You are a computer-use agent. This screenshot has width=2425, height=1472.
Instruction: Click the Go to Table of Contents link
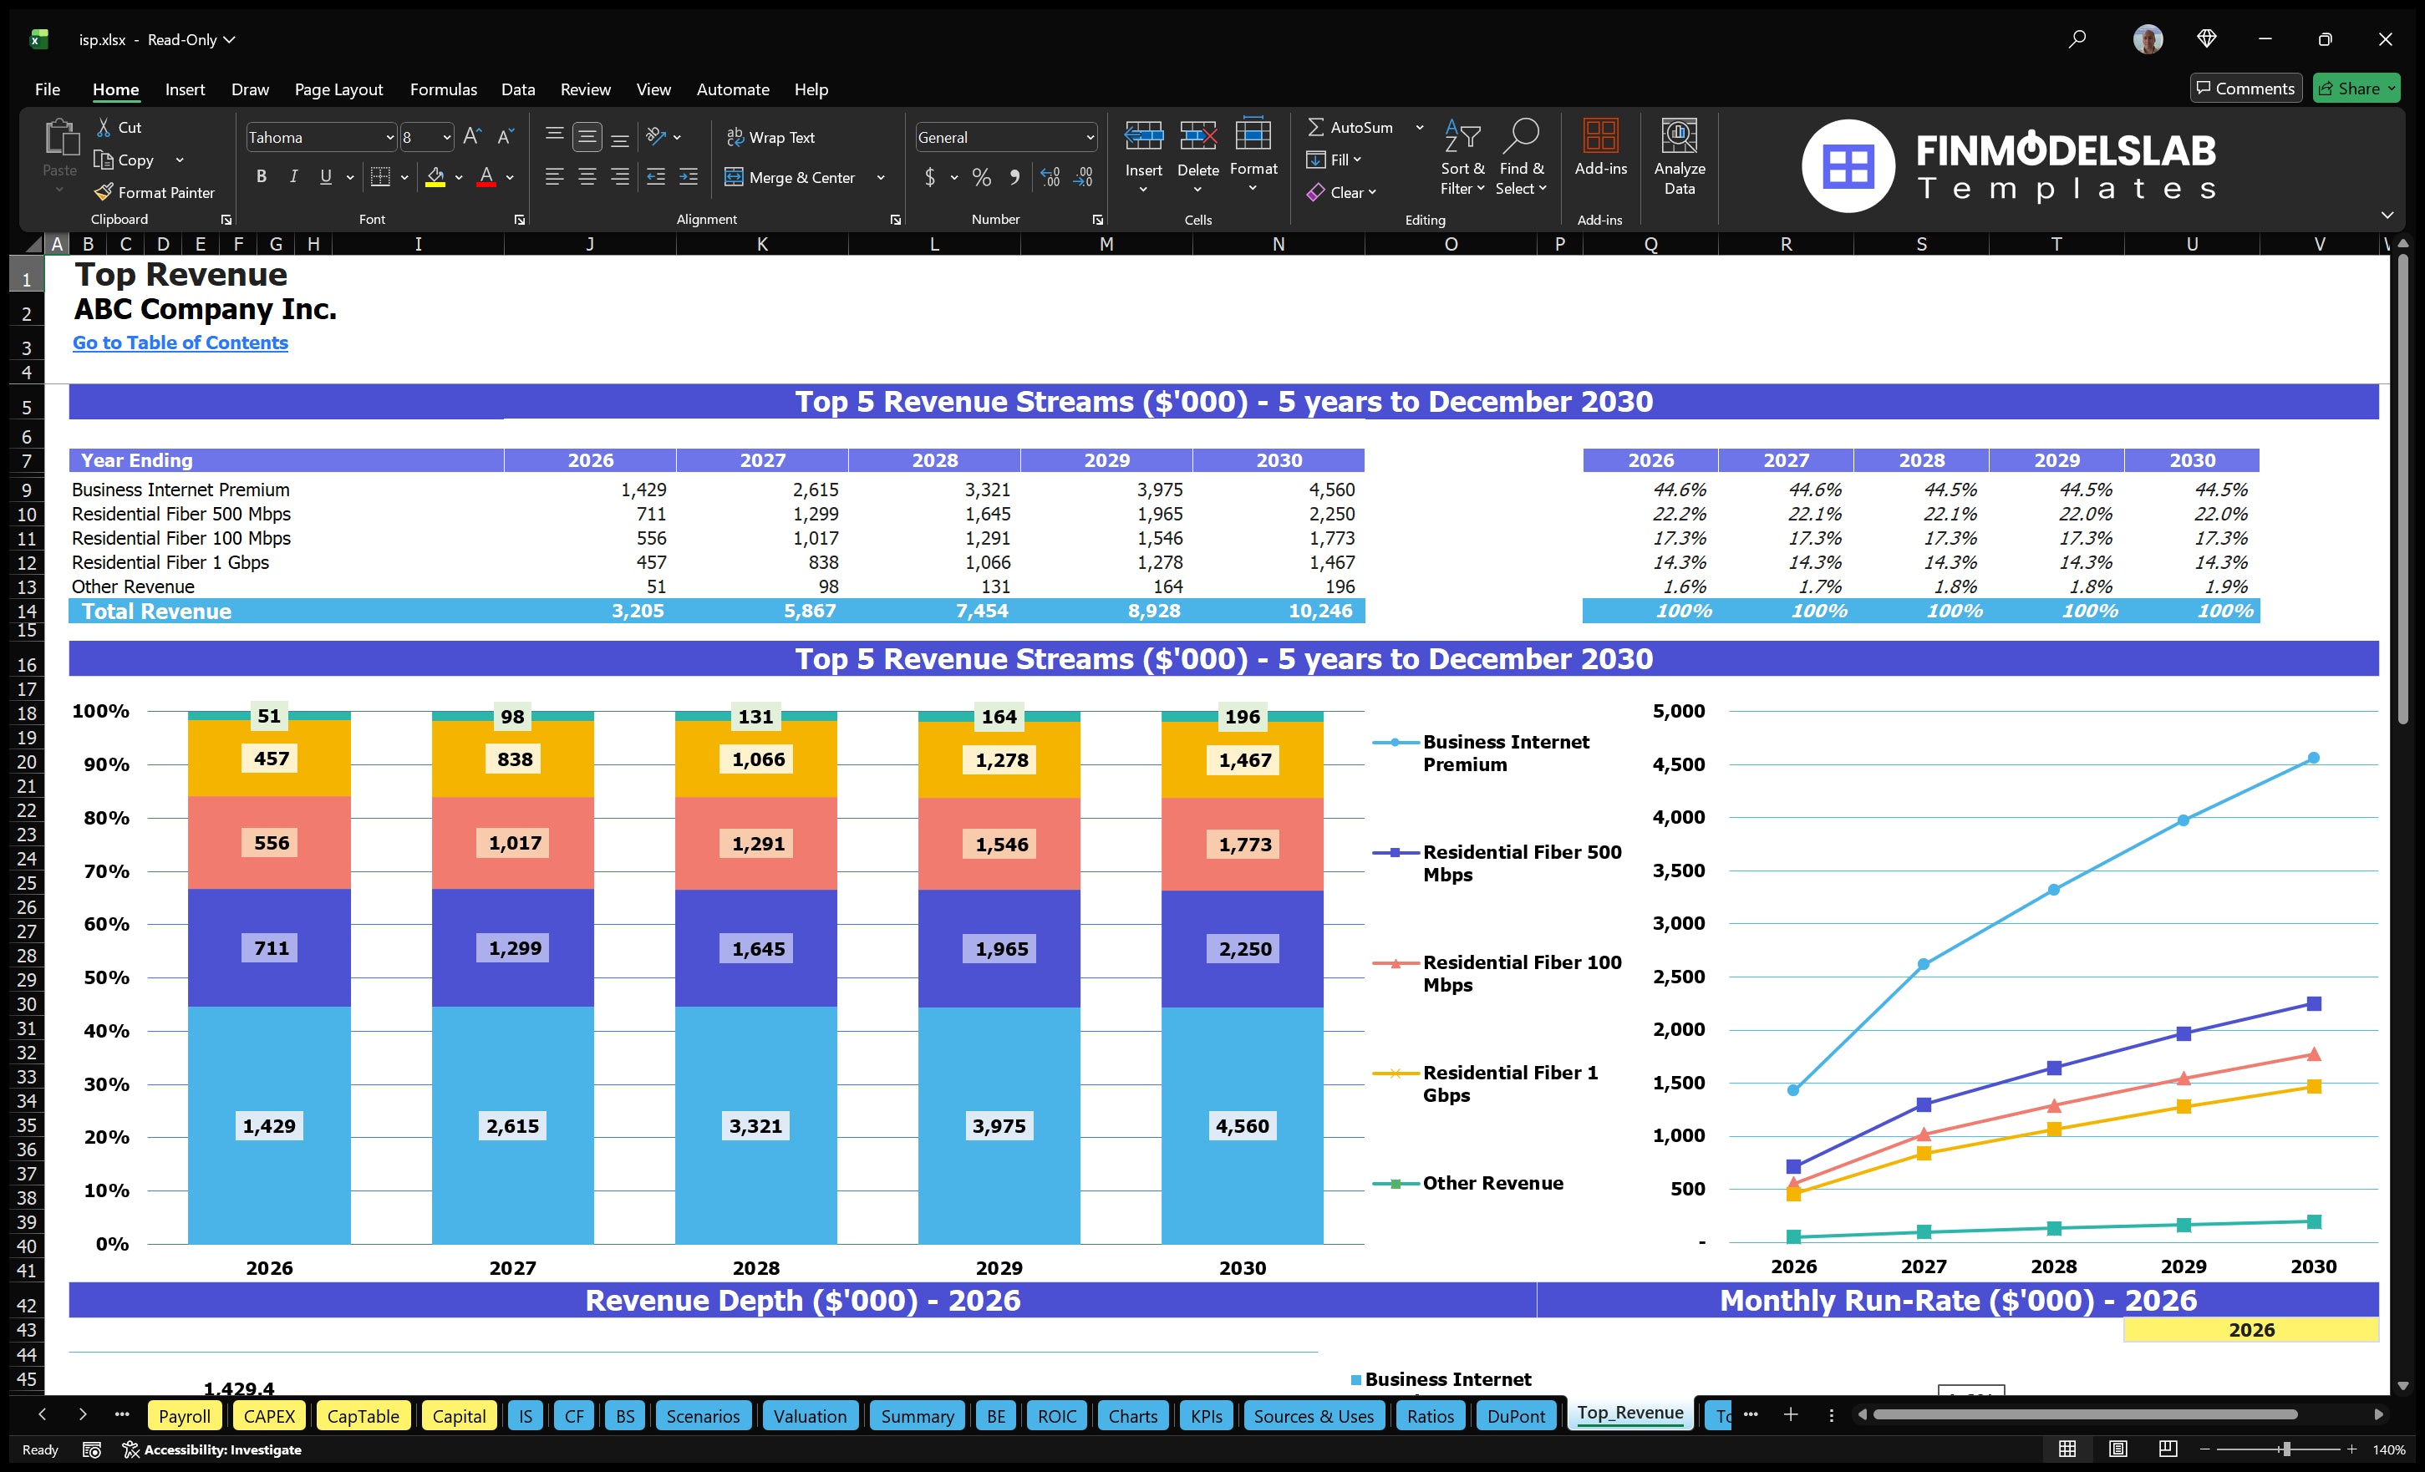coord(180,343)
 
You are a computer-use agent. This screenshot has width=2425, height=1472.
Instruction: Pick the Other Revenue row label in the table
coord(133,586)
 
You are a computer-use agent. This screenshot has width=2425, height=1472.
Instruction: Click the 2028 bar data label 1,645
coord(758,948)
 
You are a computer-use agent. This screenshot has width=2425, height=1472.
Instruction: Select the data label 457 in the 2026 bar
coord(272,759)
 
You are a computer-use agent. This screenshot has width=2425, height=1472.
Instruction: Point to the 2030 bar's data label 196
coord(1242,716)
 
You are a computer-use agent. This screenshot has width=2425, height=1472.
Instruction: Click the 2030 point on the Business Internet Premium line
coord(2313,758)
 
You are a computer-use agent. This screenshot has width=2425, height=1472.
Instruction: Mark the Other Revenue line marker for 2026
coord(1793,1236)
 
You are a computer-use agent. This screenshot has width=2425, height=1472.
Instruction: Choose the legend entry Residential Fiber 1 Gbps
coord(1510,1084)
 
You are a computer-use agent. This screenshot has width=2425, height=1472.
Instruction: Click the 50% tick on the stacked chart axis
coord(105,977)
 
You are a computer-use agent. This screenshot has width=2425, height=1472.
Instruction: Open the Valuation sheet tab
coord(809,1416)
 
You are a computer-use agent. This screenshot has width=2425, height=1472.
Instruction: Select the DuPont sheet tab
coord(1515,1416)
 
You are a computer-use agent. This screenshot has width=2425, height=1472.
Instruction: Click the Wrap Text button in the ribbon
coord(770,138)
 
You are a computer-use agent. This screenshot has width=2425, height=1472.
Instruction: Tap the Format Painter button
coord(155,193)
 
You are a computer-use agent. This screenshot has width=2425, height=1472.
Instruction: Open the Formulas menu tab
coord(443,89)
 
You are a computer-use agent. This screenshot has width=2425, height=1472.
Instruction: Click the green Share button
coord(2355,89)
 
